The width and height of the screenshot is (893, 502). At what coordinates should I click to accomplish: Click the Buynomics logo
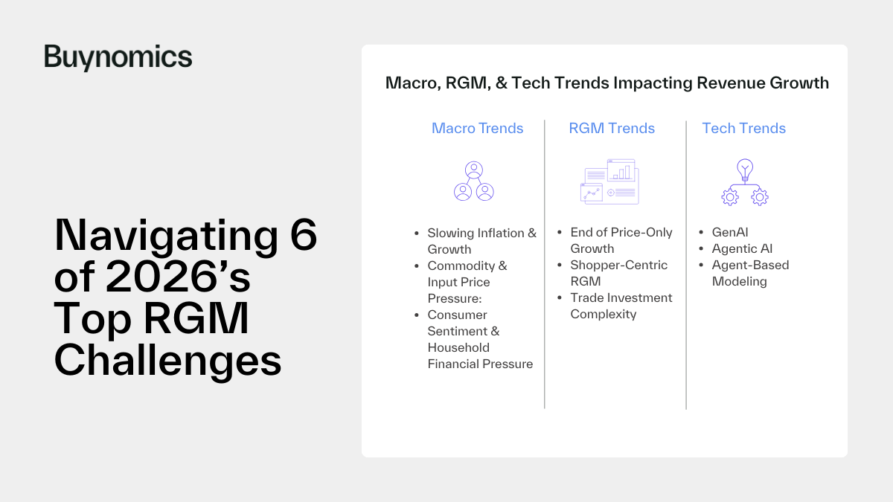click(x=118, y=57)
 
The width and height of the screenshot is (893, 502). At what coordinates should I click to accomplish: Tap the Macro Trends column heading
click(x=477, y=128)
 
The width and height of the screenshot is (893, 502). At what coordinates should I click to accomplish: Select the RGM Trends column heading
click(x=612, y=128)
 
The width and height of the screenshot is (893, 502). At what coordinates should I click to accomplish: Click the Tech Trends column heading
click(x=743, y=128)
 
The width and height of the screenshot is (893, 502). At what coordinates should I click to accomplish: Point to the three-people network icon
click(x=474, y=181)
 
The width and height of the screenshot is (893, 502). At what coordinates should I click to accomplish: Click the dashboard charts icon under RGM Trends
click(x=609, y=181)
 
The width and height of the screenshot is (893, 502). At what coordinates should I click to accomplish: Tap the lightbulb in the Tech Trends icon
click(x=745, y=170)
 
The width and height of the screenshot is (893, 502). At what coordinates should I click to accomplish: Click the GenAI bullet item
click(x=730, y=232)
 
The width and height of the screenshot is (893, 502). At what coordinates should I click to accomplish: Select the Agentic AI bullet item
click(x=743, y=248)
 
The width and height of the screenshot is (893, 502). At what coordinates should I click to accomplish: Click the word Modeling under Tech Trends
click(x=740, y=281)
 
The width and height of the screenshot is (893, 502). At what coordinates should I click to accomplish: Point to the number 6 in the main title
click(x=304, y=234)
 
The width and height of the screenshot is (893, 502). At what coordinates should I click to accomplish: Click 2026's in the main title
click(x=178, y=277)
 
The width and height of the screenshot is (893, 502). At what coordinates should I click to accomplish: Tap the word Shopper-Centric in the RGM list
click(x=618, y=265)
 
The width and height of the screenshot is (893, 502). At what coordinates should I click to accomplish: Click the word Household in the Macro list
click(x=458, y=347)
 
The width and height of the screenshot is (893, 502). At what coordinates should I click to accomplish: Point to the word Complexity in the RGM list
click(x=604, y=314)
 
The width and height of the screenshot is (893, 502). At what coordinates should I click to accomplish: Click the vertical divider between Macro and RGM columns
click(x=545, y=264)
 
